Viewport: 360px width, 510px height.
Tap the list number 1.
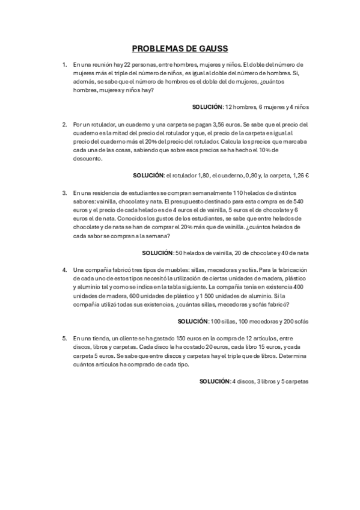[64, 64]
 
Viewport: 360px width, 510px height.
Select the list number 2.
[64, 124]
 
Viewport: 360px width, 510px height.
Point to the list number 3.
[64, 193]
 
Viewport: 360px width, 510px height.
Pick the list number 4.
[64, 271]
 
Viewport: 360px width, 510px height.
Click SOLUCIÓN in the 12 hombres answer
[207, 107]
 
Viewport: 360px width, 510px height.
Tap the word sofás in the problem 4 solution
[301, 322]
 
